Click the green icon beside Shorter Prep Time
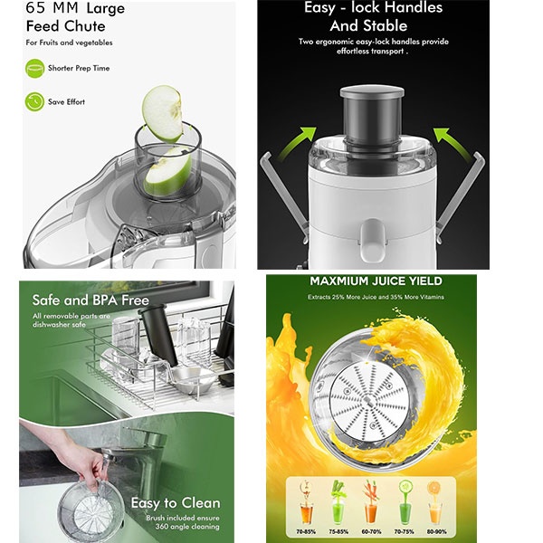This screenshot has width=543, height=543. click(34, 68)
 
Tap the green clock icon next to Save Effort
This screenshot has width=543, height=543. click(34, 101)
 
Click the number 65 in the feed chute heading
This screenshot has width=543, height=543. click(35, 8)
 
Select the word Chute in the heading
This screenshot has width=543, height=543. click(85, 26)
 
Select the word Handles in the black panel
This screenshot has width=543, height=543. click(414, 7)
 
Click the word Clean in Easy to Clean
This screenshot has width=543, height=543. click(201, 503)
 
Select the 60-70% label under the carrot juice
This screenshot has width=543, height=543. click(371, 531)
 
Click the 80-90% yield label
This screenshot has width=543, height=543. click(436, 531)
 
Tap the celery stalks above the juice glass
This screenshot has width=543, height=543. click(338, 489)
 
